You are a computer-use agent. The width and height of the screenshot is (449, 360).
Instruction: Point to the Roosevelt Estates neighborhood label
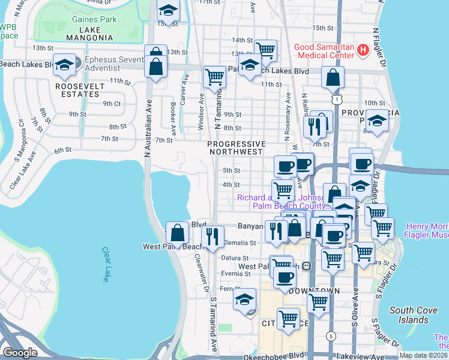pyautogui.click(x=80, y=91)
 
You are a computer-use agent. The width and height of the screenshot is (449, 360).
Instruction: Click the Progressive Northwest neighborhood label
pyautogui.click(x=236, y=148)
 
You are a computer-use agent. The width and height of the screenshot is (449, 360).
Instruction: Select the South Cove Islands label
pyautogui.click(x=412, y=315)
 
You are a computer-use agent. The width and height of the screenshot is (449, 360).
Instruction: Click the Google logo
pyautogui.click(x=20, y=353)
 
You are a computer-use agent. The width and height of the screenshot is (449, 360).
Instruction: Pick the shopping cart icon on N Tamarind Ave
pyautogui.click(x=214, y=76)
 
